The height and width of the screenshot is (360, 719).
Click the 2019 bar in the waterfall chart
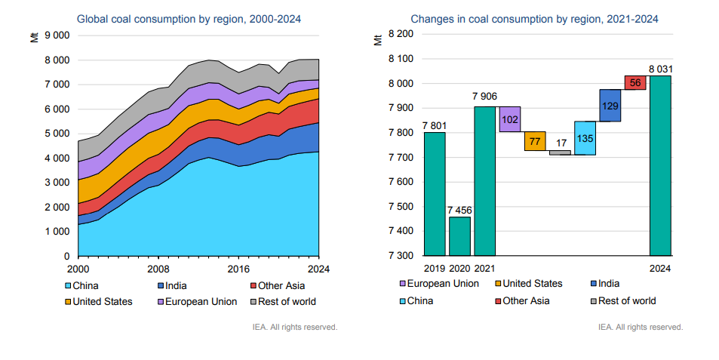click(x=435, y=194)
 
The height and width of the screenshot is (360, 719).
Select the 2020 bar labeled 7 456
click(x=459, y=236)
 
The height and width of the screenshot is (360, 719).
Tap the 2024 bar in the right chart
click(x=660, y=165)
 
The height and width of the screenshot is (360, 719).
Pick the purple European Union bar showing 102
click(x=510, y=119)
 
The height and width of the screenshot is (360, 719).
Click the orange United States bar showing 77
click(x=535, y=141)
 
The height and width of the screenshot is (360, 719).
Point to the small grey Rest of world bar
click(x=560, y=152)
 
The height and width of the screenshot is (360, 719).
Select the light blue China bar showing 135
click(x=585, y=138)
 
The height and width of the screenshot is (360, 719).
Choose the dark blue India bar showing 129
click(x=610, y=105)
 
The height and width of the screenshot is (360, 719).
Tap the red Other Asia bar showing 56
click(x=635, y=82)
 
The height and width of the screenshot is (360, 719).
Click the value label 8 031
click(x=660, y=69)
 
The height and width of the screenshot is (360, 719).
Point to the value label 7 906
click(x=484, y=96)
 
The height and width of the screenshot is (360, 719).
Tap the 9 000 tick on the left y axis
click(x=57, y=35)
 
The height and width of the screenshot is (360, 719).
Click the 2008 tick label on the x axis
click(x=158, y=269)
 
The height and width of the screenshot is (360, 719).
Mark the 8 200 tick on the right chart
click(x=400, y=34)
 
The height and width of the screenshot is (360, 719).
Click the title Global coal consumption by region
click(x=189, y=19)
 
